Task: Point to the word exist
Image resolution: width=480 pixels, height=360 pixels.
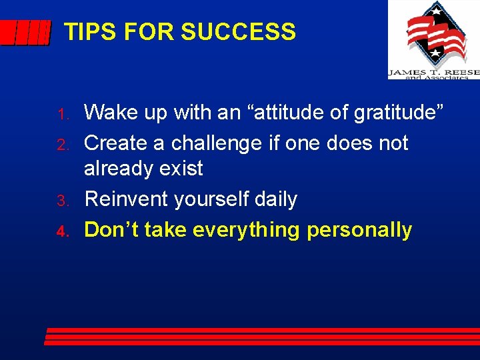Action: (185, 169)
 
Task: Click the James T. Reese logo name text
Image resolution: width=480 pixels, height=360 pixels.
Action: (433, 71)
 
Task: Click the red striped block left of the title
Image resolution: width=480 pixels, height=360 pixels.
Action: (25, 32)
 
